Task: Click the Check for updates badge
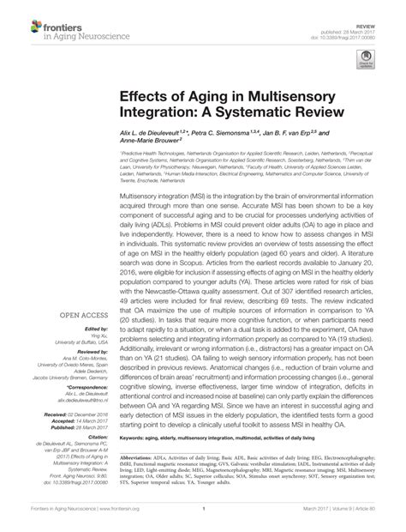click(367, 59)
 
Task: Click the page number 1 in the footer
click(203, 520)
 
